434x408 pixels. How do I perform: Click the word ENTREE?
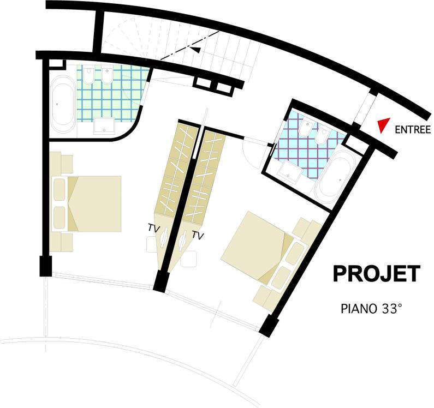pyautogui.click(x=412, y=130)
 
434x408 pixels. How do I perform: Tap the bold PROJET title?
pyautogui.click(x=377, y=274)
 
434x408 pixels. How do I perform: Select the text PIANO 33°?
pyautogui.click(x=371, y=309)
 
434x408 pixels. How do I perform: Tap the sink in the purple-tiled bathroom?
pyautogui.click(x=290, y=172)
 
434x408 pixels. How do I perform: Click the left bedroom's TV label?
pyautogui.click(x=154, y=229)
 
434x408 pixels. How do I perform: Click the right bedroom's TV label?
pyautogui.click(x=198, y=235)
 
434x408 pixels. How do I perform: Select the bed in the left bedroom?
pyautogui.click(x=87, y=203)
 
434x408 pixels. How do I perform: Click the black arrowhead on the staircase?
pyautogui.click(x=195, y=49)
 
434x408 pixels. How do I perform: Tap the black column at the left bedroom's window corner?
pyautogui.click(x=46, y=266)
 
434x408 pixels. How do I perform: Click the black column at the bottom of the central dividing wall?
pyautogui.click(x=161, y=281)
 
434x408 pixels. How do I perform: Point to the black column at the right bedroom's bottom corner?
pyautogui.click(x=269, y=326)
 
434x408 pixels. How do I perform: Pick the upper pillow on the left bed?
pyautogui.click(x=60, y=189)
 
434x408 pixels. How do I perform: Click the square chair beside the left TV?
pyautogui.click(x=151, y=244)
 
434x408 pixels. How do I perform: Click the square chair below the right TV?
pyautogui.click(x=188, y=259)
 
